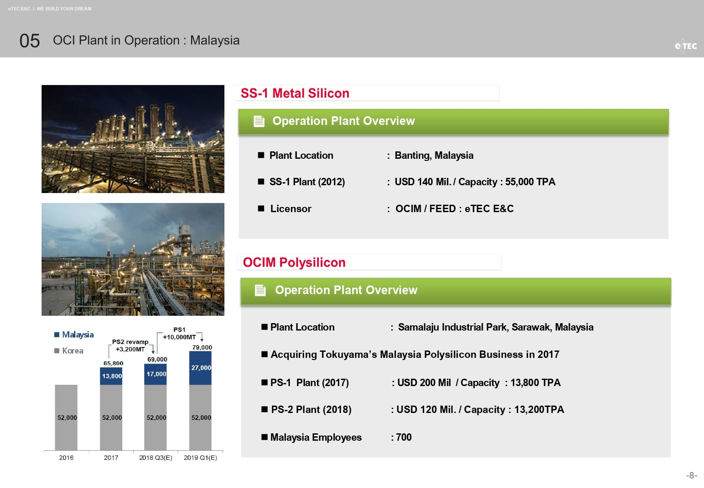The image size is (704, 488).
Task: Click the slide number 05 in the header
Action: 29,41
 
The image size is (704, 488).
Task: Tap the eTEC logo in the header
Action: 685,46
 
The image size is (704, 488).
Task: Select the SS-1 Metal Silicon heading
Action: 295,93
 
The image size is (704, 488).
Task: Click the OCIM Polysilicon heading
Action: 294,262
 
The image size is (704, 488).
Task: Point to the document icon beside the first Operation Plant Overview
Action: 259,121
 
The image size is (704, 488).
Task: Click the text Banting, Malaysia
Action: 434,155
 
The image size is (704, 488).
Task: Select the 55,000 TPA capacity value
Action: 530,182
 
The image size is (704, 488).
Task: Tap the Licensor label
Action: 291,209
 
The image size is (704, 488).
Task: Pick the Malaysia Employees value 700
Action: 404,437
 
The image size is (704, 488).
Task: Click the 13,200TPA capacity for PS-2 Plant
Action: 539,409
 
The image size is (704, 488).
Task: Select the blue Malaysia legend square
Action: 57,334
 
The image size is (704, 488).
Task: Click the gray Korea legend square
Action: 57,350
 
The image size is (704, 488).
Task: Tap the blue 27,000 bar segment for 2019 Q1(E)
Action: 200,368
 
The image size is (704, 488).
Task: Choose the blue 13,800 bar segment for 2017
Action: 111,376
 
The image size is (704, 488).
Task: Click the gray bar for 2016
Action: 66,417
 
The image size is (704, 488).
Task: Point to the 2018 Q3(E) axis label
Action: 156,458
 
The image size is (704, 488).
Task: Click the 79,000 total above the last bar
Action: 202,347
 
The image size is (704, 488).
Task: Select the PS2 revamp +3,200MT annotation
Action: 130,345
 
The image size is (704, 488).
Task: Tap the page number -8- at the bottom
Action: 691,475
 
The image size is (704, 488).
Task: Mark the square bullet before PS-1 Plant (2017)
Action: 264,382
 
